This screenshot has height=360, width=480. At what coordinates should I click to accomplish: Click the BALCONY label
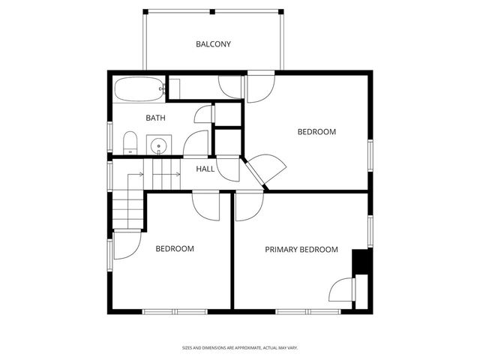213,44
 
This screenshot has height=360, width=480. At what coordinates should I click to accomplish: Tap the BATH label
155,118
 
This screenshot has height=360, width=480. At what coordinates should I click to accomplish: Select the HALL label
205,169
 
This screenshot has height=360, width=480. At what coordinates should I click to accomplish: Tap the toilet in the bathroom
130,142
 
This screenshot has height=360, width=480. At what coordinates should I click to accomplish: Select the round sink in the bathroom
158,145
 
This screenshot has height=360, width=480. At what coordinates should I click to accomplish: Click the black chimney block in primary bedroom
361,262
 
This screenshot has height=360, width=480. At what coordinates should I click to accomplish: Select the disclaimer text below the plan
240,347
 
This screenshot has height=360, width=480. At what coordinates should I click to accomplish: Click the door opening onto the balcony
259,87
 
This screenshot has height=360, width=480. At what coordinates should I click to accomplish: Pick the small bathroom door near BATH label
203,115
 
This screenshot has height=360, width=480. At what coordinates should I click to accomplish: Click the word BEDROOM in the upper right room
316,132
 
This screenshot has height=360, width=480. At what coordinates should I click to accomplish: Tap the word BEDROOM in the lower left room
175,249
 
